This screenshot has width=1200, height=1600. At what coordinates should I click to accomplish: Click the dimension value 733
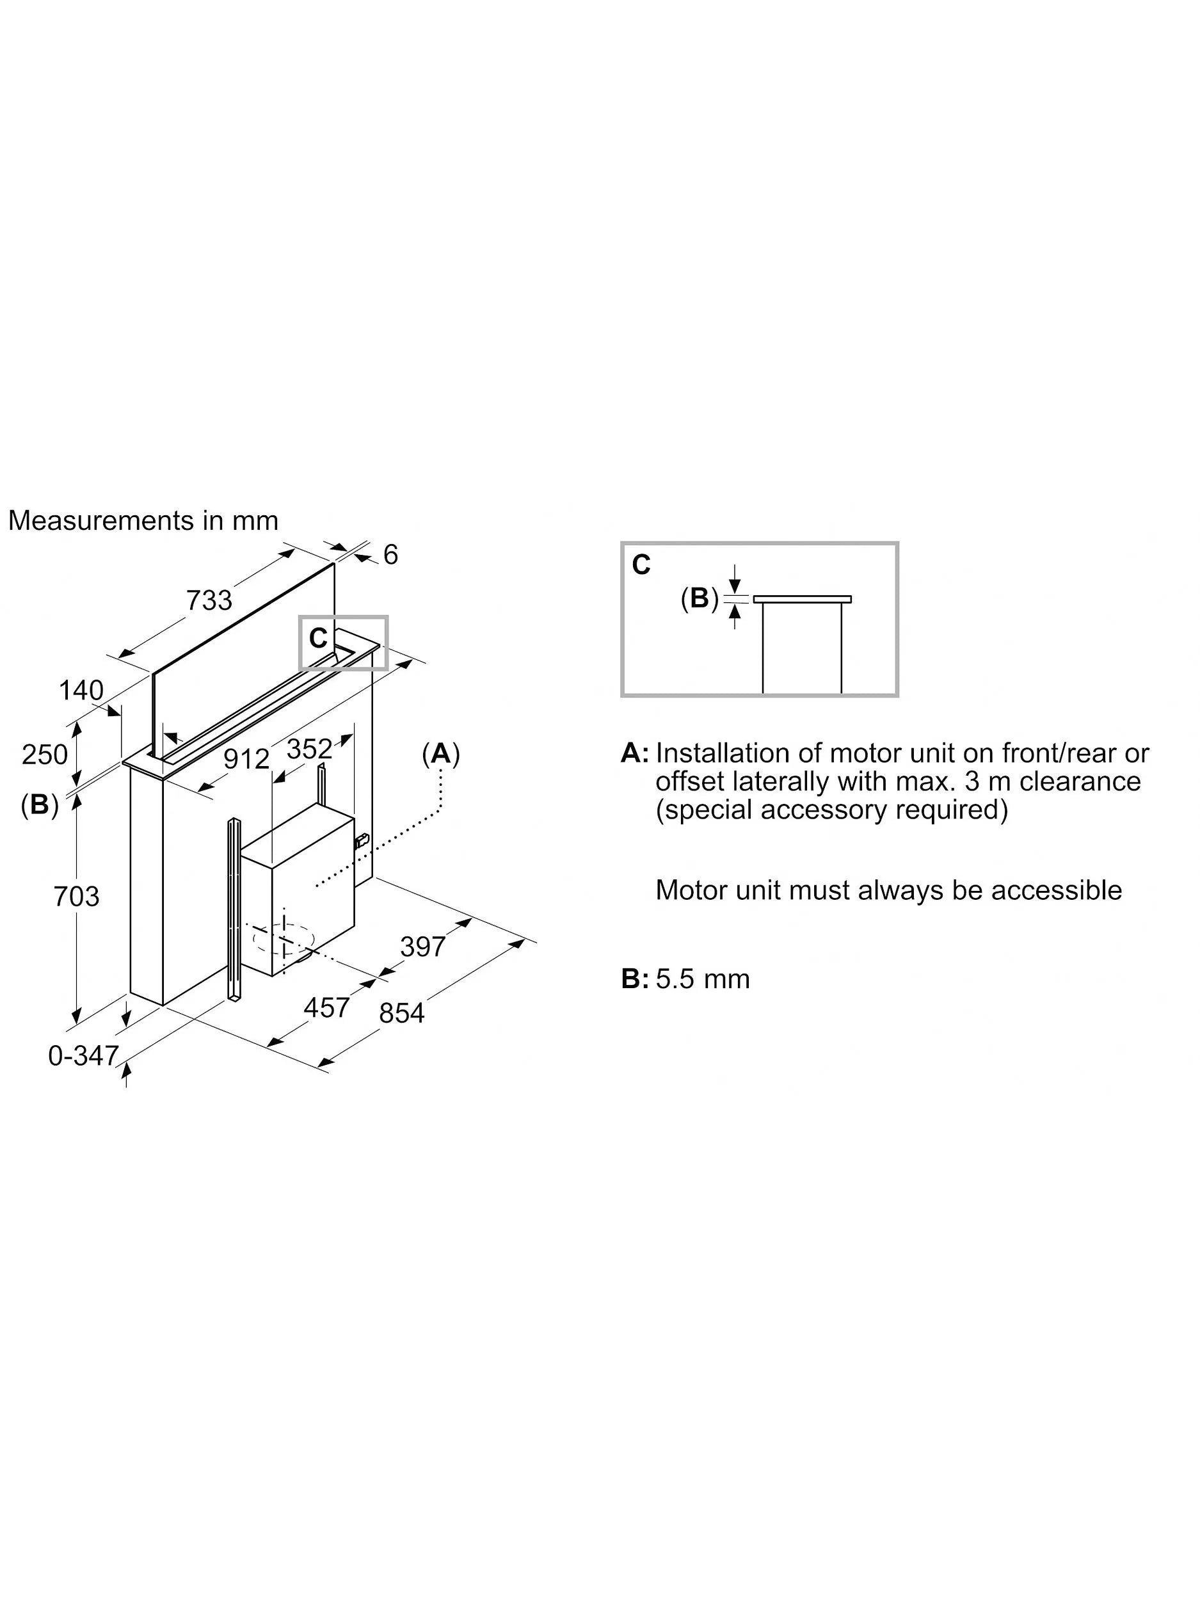(209, 600)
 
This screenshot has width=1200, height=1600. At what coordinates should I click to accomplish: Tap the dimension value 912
(246, 759)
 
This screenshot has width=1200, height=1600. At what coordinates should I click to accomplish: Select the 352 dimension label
(310, 749)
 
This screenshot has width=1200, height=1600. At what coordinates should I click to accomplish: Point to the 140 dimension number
(81, 690)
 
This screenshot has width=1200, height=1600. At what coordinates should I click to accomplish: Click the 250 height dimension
(45, 755)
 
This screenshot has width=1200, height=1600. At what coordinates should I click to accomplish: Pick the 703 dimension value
(76, 897)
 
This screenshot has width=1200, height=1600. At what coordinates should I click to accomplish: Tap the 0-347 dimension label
(83, 1056)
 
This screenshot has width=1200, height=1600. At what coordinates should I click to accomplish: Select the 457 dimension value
(327, 1007)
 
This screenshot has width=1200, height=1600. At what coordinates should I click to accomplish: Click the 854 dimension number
(401, 1013)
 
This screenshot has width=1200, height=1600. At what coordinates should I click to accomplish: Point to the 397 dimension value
(422, 946)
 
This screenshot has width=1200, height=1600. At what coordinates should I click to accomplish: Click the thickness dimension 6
(390, 555)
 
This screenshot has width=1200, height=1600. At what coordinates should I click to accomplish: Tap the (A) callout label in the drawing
(440, 755)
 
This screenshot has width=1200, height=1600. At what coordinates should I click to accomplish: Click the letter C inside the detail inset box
(641, 565)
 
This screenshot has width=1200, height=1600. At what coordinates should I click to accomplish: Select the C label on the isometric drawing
(318, 638)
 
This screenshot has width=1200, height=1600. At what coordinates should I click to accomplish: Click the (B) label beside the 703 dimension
(39, 804)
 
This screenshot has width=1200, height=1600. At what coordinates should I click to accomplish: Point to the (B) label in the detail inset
(700, 598)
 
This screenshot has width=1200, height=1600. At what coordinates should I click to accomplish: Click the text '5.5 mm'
(702, 979)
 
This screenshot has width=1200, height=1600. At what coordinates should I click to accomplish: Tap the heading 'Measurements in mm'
(143, 521)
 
